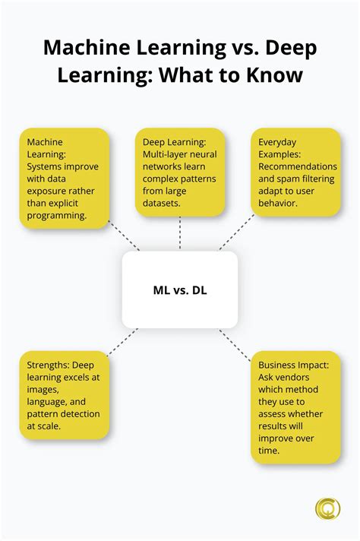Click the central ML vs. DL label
(180, 290)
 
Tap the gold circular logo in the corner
(327, 508)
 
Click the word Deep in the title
(291, 49)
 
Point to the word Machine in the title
(87, 47)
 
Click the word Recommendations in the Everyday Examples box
(298, 166)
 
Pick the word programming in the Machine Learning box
(56, 216)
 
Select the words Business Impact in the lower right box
(293, 365)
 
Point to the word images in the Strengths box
(43, 391)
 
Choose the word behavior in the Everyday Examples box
(277, 203)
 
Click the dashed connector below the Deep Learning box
(180, 233)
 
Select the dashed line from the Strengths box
(122, 342)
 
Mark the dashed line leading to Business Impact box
(235, 346)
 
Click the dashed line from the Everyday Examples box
(236, 232)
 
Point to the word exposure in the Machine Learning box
(46, 191)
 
